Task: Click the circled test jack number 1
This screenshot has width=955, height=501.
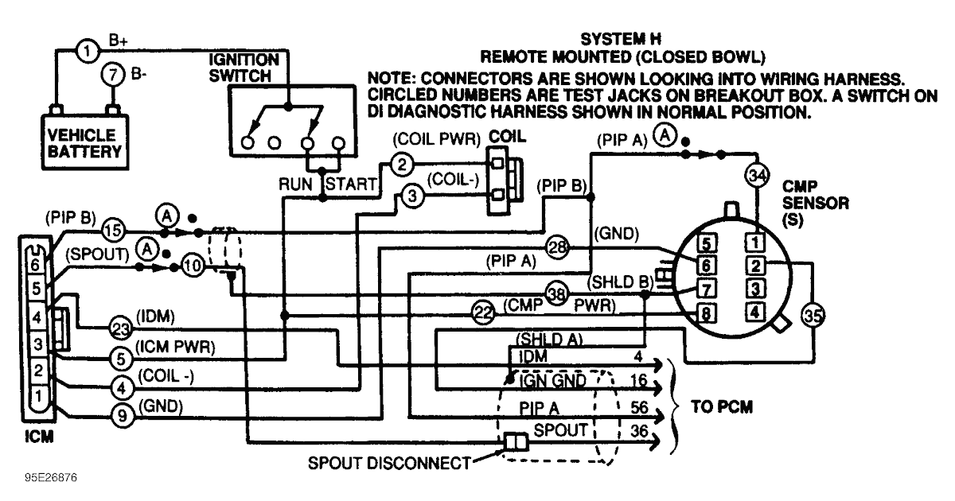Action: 88,52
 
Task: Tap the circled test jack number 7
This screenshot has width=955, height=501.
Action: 113,77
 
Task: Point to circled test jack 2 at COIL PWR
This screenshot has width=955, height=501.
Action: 402,165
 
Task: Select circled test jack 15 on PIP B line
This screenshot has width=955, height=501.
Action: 114,231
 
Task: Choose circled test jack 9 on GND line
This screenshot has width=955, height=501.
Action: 120,414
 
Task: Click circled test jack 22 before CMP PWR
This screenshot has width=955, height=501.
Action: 483,312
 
